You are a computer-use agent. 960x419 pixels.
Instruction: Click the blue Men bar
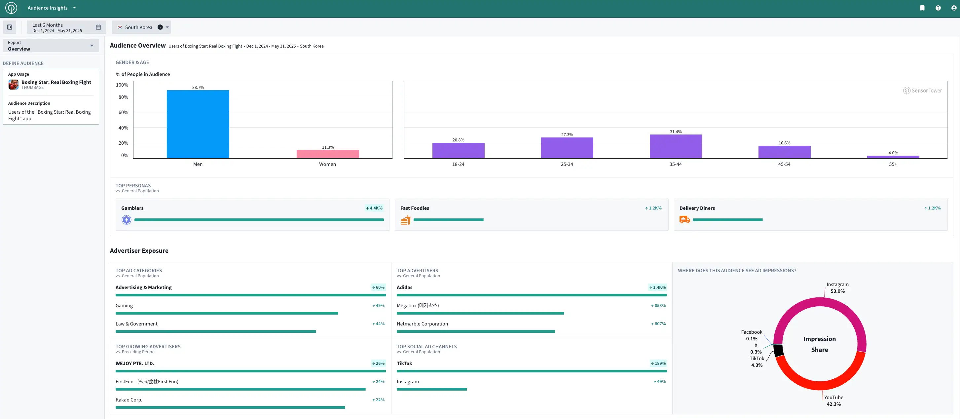point(198,124)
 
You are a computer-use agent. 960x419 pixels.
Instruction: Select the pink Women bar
point(328,154)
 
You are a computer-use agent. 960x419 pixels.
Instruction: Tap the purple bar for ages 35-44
point(676,146)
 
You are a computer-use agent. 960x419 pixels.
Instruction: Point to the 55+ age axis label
point(893,164)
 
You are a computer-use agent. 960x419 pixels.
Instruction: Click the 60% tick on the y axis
point(123,112)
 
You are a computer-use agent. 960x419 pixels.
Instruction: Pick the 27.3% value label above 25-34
point(567,134)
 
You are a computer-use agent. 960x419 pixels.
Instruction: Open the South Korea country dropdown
point(167,27)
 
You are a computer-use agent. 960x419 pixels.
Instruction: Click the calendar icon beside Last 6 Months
point(98,27)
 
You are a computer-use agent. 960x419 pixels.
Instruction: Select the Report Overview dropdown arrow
point(92,46)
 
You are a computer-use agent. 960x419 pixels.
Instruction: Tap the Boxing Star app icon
point(14,85)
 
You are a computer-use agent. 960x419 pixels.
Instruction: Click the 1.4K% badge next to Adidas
point(657,287)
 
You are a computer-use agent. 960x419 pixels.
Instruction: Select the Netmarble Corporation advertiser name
point(422,324)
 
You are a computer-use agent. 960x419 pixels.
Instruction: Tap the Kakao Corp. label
point(129,400)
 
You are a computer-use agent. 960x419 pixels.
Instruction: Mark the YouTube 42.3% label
point(834,401)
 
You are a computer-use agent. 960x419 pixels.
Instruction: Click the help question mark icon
point(938,8)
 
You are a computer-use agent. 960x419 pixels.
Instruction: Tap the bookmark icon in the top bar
point(922,8)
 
